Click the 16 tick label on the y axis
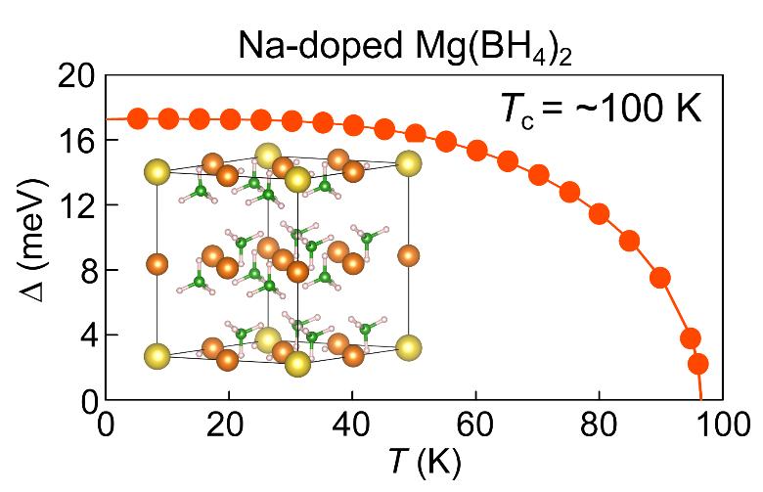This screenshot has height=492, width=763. [x=75, y=141]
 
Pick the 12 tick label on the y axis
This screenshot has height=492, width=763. [x=75, y=205]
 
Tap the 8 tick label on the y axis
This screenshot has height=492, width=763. [x=84, y=270]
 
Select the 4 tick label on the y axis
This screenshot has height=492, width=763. [x=84, y=335]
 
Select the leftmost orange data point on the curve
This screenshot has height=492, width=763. [x=137, y=119]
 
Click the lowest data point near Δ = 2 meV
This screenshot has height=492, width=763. [x=697, y=364]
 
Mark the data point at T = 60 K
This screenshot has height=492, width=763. [x=476, y=151]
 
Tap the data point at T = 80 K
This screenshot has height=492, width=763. [x=600, y=214]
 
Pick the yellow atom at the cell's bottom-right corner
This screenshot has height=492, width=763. [x=409, y=347]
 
